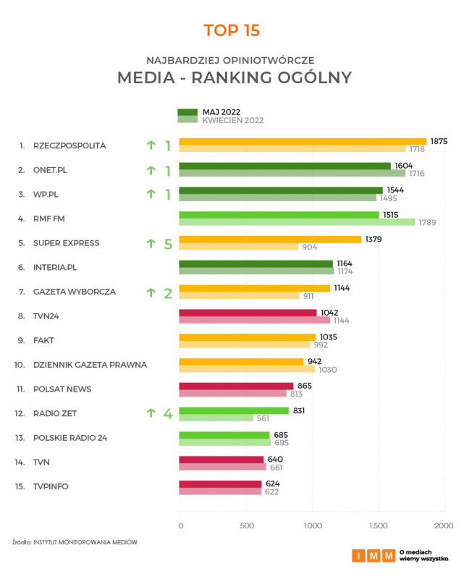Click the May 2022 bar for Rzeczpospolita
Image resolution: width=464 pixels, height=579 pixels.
pos(303,142)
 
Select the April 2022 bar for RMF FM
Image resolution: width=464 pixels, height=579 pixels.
pos(297,222)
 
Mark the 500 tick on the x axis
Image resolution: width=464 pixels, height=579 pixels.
pos(248,525)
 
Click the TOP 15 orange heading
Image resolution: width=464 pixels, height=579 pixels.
pos(232,30)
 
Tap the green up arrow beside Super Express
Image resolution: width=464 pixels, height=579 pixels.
pos(151,243)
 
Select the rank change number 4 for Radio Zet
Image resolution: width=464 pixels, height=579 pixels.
pos(167,413)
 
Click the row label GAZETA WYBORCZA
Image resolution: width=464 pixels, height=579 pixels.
pos(75,292)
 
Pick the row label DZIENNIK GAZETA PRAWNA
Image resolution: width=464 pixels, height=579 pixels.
pos(90,365)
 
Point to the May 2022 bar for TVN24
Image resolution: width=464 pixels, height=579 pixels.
pos(248,313)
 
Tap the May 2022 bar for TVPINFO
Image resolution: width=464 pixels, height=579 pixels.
pos(220,483)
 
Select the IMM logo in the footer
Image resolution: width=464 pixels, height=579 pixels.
pos(374,556)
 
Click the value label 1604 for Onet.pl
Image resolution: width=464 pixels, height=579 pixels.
pos(405,166)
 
